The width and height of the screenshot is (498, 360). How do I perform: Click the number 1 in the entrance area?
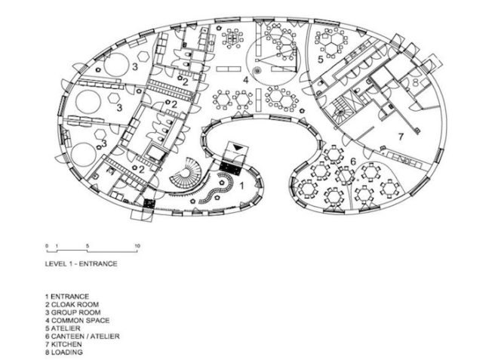(x=241, y=186)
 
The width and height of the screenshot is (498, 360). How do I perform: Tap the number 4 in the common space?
(x=245, y=80)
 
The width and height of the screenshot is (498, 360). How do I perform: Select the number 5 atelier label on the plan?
(x=321, y=59)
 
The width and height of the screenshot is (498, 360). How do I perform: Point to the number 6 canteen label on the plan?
(x=353, y=162)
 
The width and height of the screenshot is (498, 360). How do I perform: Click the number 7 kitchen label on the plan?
(x=401, y=137)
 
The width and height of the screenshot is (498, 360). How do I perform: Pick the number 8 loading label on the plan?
(x=416, y=82)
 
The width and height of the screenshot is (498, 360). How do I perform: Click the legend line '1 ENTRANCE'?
(x=67, y=297)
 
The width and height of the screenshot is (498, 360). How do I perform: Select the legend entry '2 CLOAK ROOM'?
(x=72, y=304)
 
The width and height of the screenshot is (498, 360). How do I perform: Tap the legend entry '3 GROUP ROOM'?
(x=72, y=312)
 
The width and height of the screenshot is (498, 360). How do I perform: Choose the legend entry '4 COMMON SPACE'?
(x=77, y=320)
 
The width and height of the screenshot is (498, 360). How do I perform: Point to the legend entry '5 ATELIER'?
(x=63, y=328)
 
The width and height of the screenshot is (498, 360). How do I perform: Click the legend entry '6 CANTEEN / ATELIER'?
(x=82, y=336)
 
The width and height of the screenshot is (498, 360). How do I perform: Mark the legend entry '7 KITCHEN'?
(x=63, y=344)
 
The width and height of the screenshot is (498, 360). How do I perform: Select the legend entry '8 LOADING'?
(x=64, y=352)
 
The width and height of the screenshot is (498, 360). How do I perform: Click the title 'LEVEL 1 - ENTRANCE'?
(x=81, y=263)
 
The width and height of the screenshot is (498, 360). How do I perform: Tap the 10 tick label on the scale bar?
(x=137, y=245)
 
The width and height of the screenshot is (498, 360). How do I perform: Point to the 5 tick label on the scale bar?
(x=88, y=245)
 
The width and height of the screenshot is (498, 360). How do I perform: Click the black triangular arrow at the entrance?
(x=238, y=147)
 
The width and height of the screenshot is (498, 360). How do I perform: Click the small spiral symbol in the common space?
(x=257, y=70)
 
